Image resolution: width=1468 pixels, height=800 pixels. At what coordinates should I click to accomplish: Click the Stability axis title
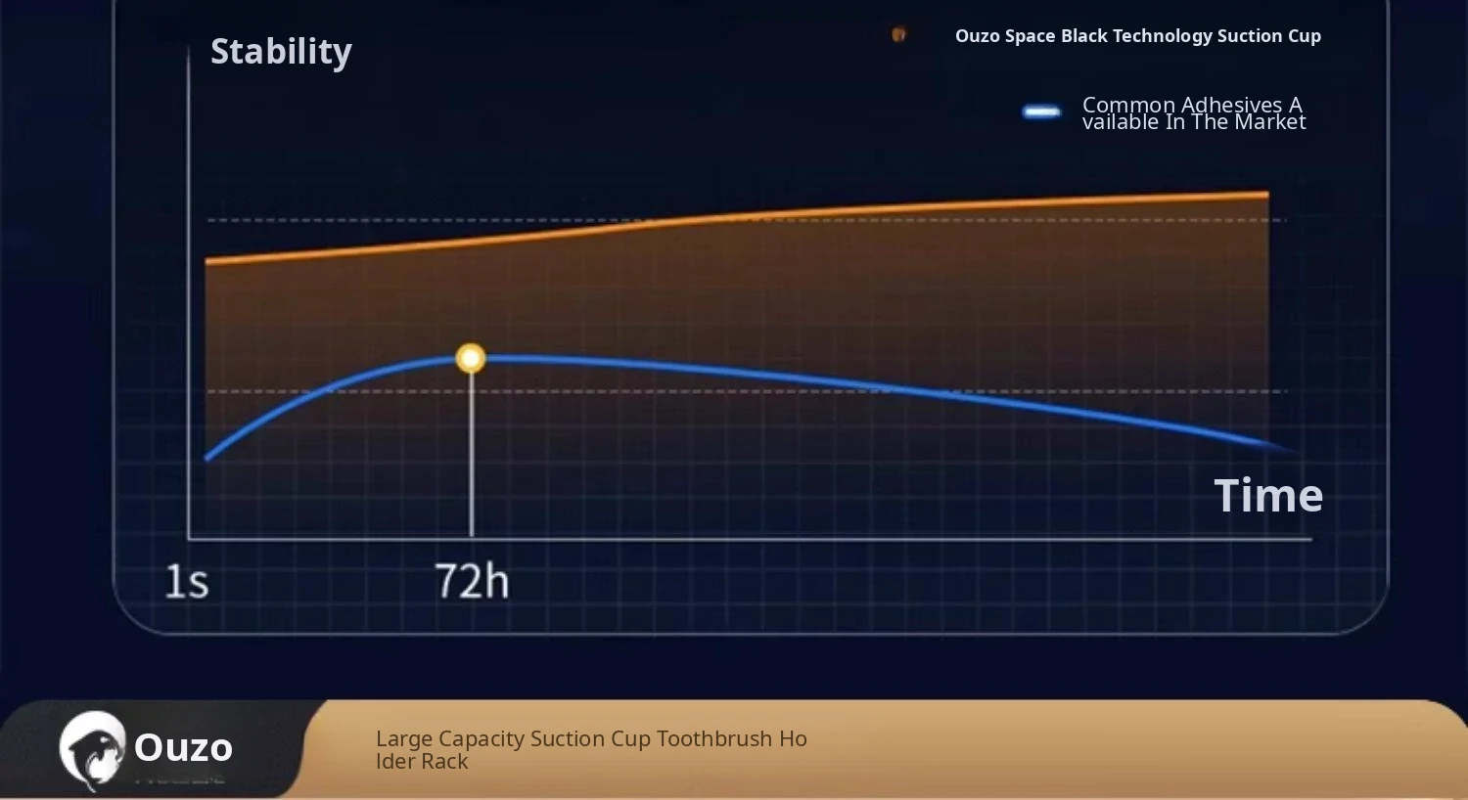pyautogui.click(x=281, y=52)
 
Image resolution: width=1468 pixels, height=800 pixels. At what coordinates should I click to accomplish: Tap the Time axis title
pyautogui.click(x=1268, y=496)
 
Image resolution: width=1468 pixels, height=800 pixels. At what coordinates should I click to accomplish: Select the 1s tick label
pyautogui.click(x=187, y=581)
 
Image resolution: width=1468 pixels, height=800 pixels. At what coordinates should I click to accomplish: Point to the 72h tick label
pyautogui.click(x=472, y=581)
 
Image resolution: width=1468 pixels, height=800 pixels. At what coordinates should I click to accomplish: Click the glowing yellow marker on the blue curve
pyautogui.click(x=471, y=358)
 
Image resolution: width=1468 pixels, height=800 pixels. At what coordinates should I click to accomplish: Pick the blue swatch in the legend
pyautogui.click(x=1041, y=112)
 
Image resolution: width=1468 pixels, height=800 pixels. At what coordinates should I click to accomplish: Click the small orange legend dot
pyautogui.click(x=898, y=34)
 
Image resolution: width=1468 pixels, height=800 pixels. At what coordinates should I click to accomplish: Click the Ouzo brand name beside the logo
pyautogui.click(x=184, y=747)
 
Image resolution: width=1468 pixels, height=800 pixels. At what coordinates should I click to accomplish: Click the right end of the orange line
pyautogui.click(x=1267, y=195)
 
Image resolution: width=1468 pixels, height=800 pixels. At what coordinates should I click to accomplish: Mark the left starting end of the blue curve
pyautogui.click(x=207, y=459)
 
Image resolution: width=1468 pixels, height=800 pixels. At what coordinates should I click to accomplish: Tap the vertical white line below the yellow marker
pyautogui.click(x=471, y=455)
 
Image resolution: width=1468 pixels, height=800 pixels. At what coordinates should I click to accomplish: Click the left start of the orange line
pyautogui.click(x=207, y=261)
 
